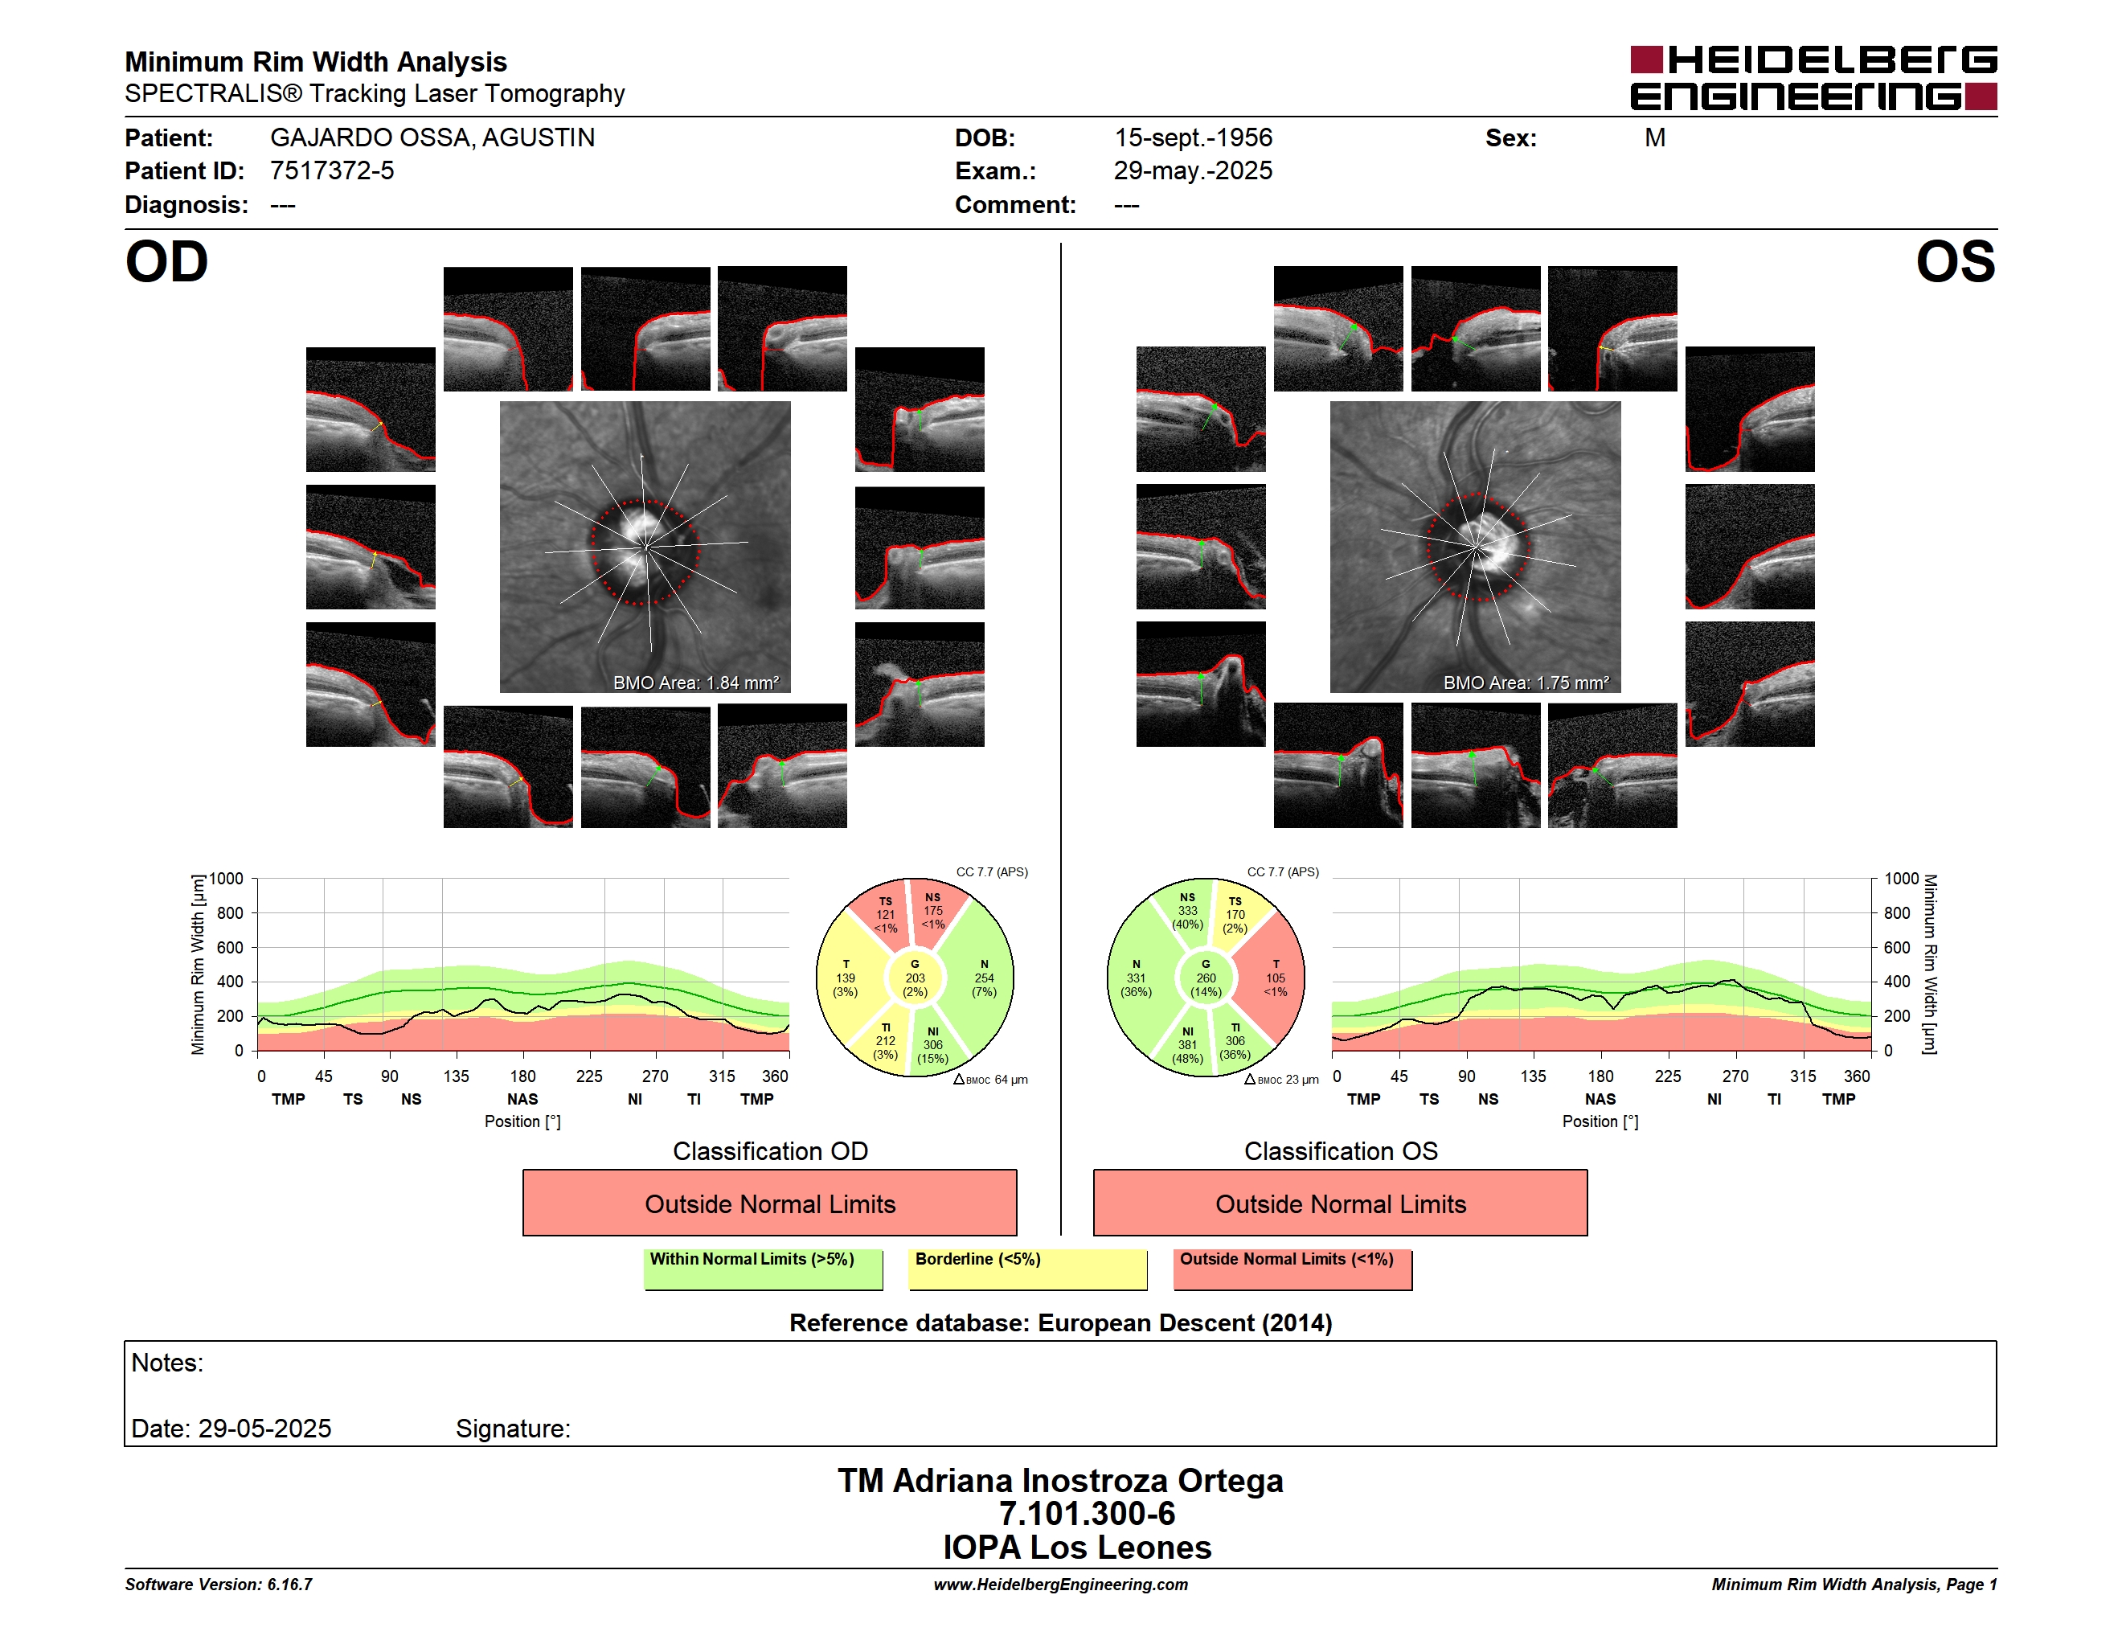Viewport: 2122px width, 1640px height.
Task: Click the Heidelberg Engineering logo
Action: coord(1813,78)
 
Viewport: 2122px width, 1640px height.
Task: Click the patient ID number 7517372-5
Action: coord(332,171)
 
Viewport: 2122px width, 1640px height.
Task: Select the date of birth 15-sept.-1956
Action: coord(1193,138)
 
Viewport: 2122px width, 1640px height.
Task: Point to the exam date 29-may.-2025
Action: coord(1193,171)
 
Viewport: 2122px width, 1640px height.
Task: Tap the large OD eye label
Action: coord(166,262)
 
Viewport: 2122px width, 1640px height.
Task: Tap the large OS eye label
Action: coord(1955,262)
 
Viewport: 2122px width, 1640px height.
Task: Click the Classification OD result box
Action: coord(769,1203)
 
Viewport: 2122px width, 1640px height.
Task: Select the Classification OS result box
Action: coord(1340,1203)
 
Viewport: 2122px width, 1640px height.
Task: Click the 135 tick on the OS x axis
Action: coord(1532,1076)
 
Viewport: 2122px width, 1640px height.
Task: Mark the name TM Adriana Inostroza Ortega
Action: coord(1060,1481)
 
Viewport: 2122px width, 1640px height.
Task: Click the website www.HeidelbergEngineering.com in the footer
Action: coord(1060,1585)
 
